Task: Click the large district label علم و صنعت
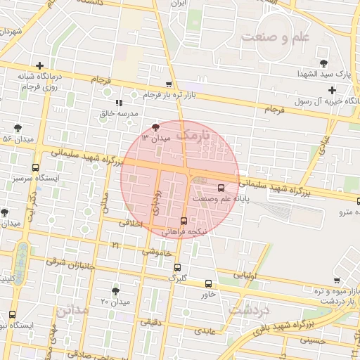(275, 37)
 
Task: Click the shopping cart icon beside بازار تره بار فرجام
(169, 84)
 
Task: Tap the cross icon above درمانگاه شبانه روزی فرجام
(49, 66)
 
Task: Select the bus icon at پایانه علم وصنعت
(221, 188)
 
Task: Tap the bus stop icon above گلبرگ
(177, 267)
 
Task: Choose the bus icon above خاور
(208, 283)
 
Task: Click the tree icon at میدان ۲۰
(115, 290)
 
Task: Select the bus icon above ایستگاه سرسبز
(36, 167)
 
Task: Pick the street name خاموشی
(157, 252)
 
